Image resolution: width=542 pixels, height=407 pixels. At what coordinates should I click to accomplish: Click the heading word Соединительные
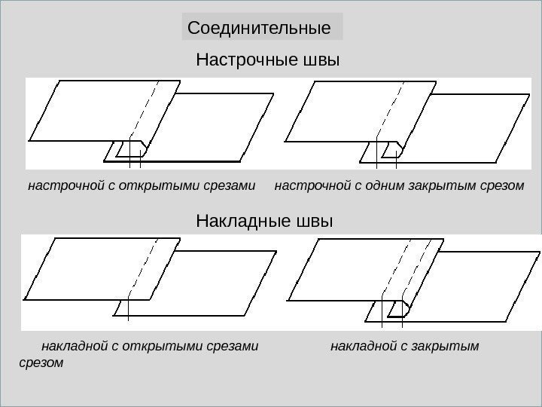pos(259,29)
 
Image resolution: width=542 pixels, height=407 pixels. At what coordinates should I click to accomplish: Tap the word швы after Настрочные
pos(318,59)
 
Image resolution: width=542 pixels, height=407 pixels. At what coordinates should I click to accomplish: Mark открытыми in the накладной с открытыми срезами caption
pos(158,347)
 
